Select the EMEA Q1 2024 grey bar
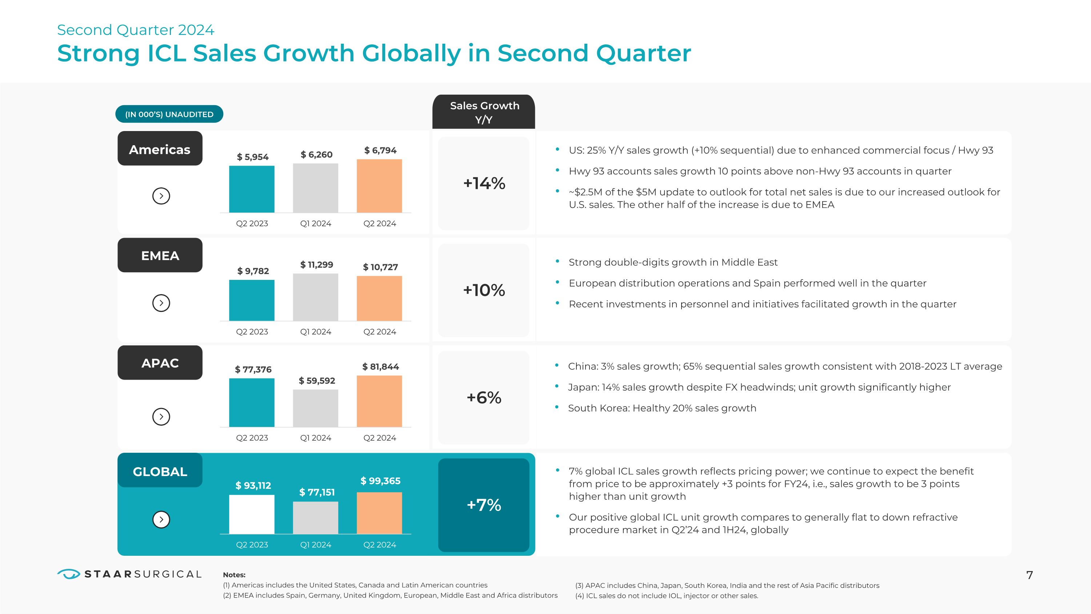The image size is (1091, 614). tap(316, 297)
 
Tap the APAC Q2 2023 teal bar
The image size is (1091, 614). tap(252, 403)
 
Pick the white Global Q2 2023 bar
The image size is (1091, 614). tap(252, 514)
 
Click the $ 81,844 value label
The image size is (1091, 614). tap(380, 367)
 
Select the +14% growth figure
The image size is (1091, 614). tap(484, 183)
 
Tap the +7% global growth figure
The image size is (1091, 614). tap(484, 505)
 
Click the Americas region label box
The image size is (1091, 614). tap(160, 149)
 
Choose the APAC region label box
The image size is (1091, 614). tap(160, 363)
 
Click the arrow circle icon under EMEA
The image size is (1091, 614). tap(161, 303)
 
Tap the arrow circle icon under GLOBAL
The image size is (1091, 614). tap(161, 519)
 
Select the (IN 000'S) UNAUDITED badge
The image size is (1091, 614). tap(169, 114)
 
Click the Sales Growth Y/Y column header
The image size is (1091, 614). tap(484, 112)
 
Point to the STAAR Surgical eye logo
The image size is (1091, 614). tap(69, 574)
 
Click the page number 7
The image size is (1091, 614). tap(1030, 575)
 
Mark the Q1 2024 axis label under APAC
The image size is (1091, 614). tap(316, 438)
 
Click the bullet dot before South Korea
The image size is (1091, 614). tap(557, 407)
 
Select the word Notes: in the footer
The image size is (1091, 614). tap(234, 575)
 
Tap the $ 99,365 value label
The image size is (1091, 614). tap(380, 481)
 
